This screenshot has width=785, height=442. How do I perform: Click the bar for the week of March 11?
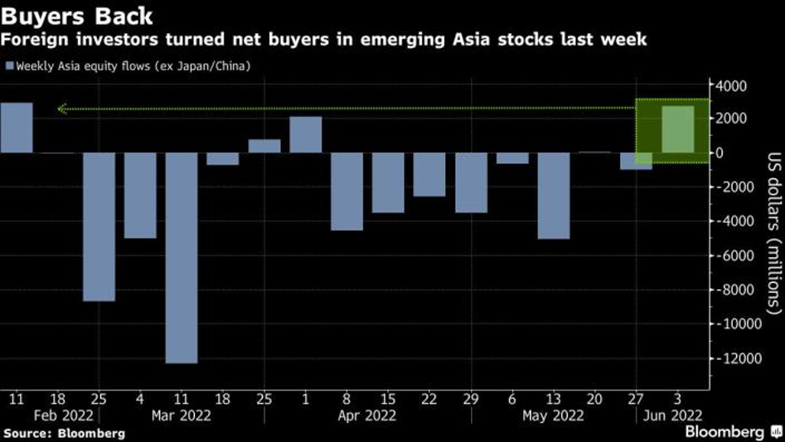(182, 257)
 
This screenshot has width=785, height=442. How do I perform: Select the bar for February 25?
(99, 226)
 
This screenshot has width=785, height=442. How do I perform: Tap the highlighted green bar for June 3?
(678, 129)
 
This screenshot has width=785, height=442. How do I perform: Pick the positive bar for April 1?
(306, 135)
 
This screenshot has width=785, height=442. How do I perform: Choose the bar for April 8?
(346, 192)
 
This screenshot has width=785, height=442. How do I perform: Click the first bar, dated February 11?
(17, 128)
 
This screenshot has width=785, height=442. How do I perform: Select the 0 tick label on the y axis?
(719, 153)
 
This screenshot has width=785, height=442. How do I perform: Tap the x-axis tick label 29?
(471, 399)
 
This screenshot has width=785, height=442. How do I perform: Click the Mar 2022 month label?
(182, 415)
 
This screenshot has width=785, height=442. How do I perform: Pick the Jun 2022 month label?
(674, 415)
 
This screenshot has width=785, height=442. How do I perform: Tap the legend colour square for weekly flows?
(10, 66)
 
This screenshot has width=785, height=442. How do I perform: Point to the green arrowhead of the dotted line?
(61, 108)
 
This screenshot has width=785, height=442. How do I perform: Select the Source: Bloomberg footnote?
(65, 433)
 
